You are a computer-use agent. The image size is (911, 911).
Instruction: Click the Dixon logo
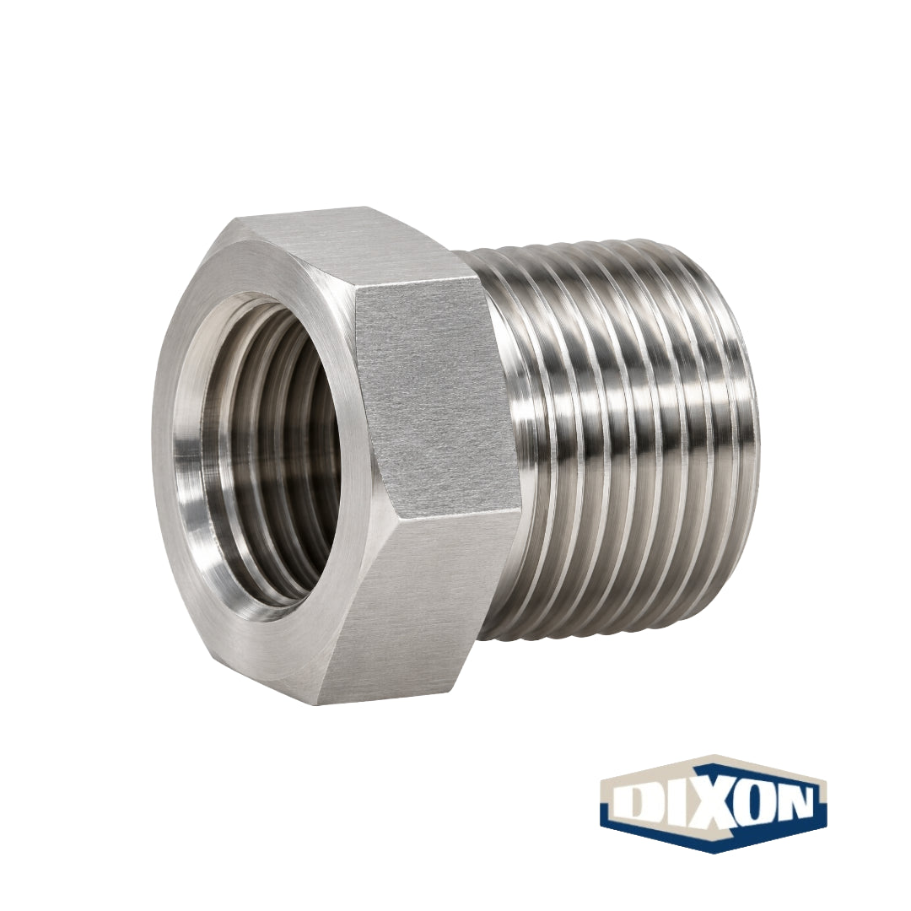click(714, 805)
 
